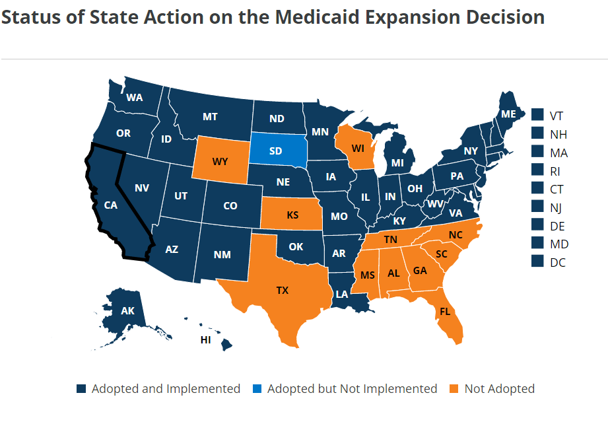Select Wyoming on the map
click(220, 160)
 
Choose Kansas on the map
click(292, 215)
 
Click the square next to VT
click(537, 116)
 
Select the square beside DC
click(537, 262)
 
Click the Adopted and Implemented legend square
click(81, 389)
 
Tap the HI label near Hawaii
click(206, 339)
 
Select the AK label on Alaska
click(127, 310)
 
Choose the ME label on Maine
click(508, 114)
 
